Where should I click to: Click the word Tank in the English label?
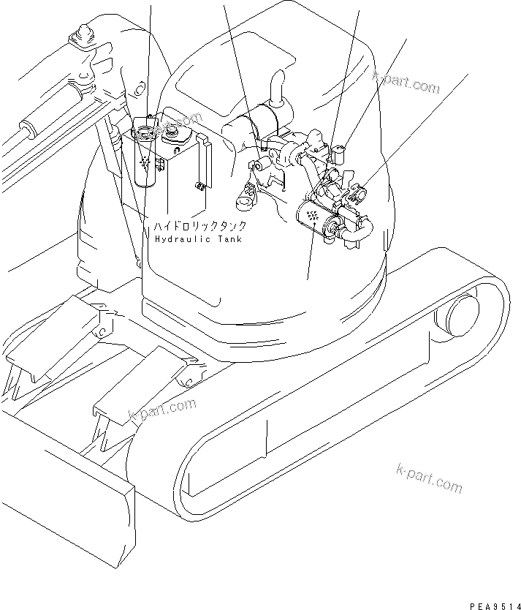click(227, 239)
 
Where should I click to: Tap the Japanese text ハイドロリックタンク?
click(199, 226)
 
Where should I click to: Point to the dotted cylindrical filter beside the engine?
click(313, 217)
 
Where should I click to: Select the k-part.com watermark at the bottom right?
click(430, 477)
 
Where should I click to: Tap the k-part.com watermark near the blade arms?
click(162, 410)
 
